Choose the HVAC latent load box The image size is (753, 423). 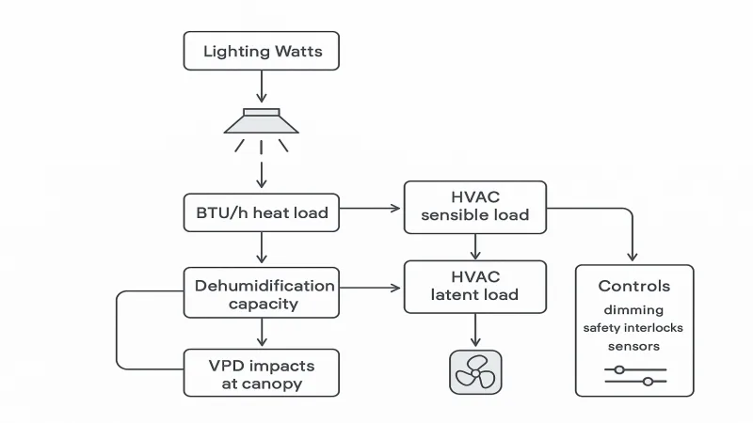click(x=474, y=285)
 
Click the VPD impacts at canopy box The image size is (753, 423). click(x=261, y=372)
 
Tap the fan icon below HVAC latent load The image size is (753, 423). click(x=474, y=372)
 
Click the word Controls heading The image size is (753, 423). click(x=634, y=286)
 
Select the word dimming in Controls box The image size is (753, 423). click(x=634, y=309)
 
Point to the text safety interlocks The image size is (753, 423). click(x=634, y=327)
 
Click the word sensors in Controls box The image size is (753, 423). click(x=634, y=345)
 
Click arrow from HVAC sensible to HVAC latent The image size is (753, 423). click(x=474, y=246)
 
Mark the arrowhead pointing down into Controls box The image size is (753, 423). click(x=632, y=255)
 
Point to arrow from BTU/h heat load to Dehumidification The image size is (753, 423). click(x=262, y=247)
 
